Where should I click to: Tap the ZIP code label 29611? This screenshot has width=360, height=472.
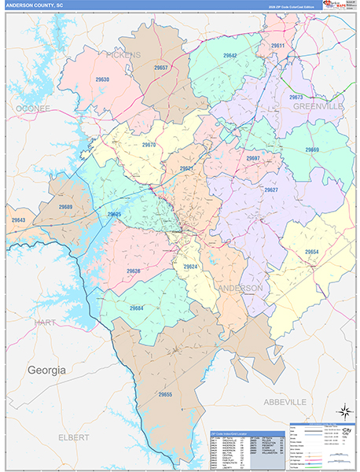(x=277, y=46)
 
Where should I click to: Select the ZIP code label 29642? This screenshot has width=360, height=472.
(x=230, y=57)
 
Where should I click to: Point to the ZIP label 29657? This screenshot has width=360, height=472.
(x=160, y=68)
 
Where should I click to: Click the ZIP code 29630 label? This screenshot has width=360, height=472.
(x=102, y=80)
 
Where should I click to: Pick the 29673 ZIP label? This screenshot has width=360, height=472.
(x=296, y=97)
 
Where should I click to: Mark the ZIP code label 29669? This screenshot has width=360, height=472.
(x=312, y=149)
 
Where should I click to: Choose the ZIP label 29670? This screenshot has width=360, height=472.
(x=149, y=145)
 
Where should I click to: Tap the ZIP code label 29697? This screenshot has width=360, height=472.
(x=253, y=158)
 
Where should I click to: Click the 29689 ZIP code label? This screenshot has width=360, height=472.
(x=65, y=207)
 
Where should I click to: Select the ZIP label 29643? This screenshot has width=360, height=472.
(x=19, y=219)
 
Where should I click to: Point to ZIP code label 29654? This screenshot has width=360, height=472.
(x=311, y=252)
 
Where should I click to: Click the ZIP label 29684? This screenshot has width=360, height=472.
(x=136, y=308)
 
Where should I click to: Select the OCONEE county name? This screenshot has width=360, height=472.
(x=31, y=107)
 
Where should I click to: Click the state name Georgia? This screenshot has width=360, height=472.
(x=47, y=370)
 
